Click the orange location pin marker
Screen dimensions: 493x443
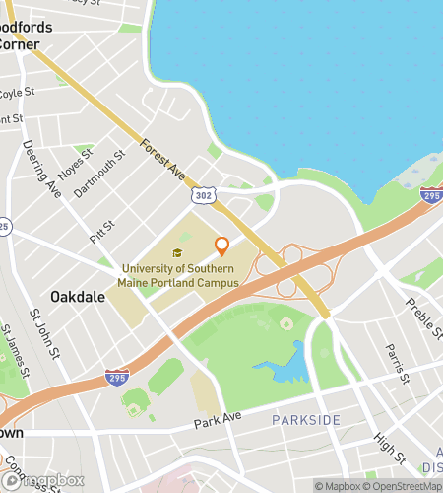(x=221, y=246)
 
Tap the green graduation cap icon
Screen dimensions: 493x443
(x=177, y=253)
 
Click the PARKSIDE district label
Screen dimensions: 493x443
(x=306, y=421)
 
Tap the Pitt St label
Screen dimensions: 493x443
(x=101, y=233)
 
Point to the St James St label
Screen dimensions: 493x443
(x=16, y=350)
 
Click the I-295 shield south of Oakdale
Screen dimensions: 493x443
(x=116, y=376)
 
